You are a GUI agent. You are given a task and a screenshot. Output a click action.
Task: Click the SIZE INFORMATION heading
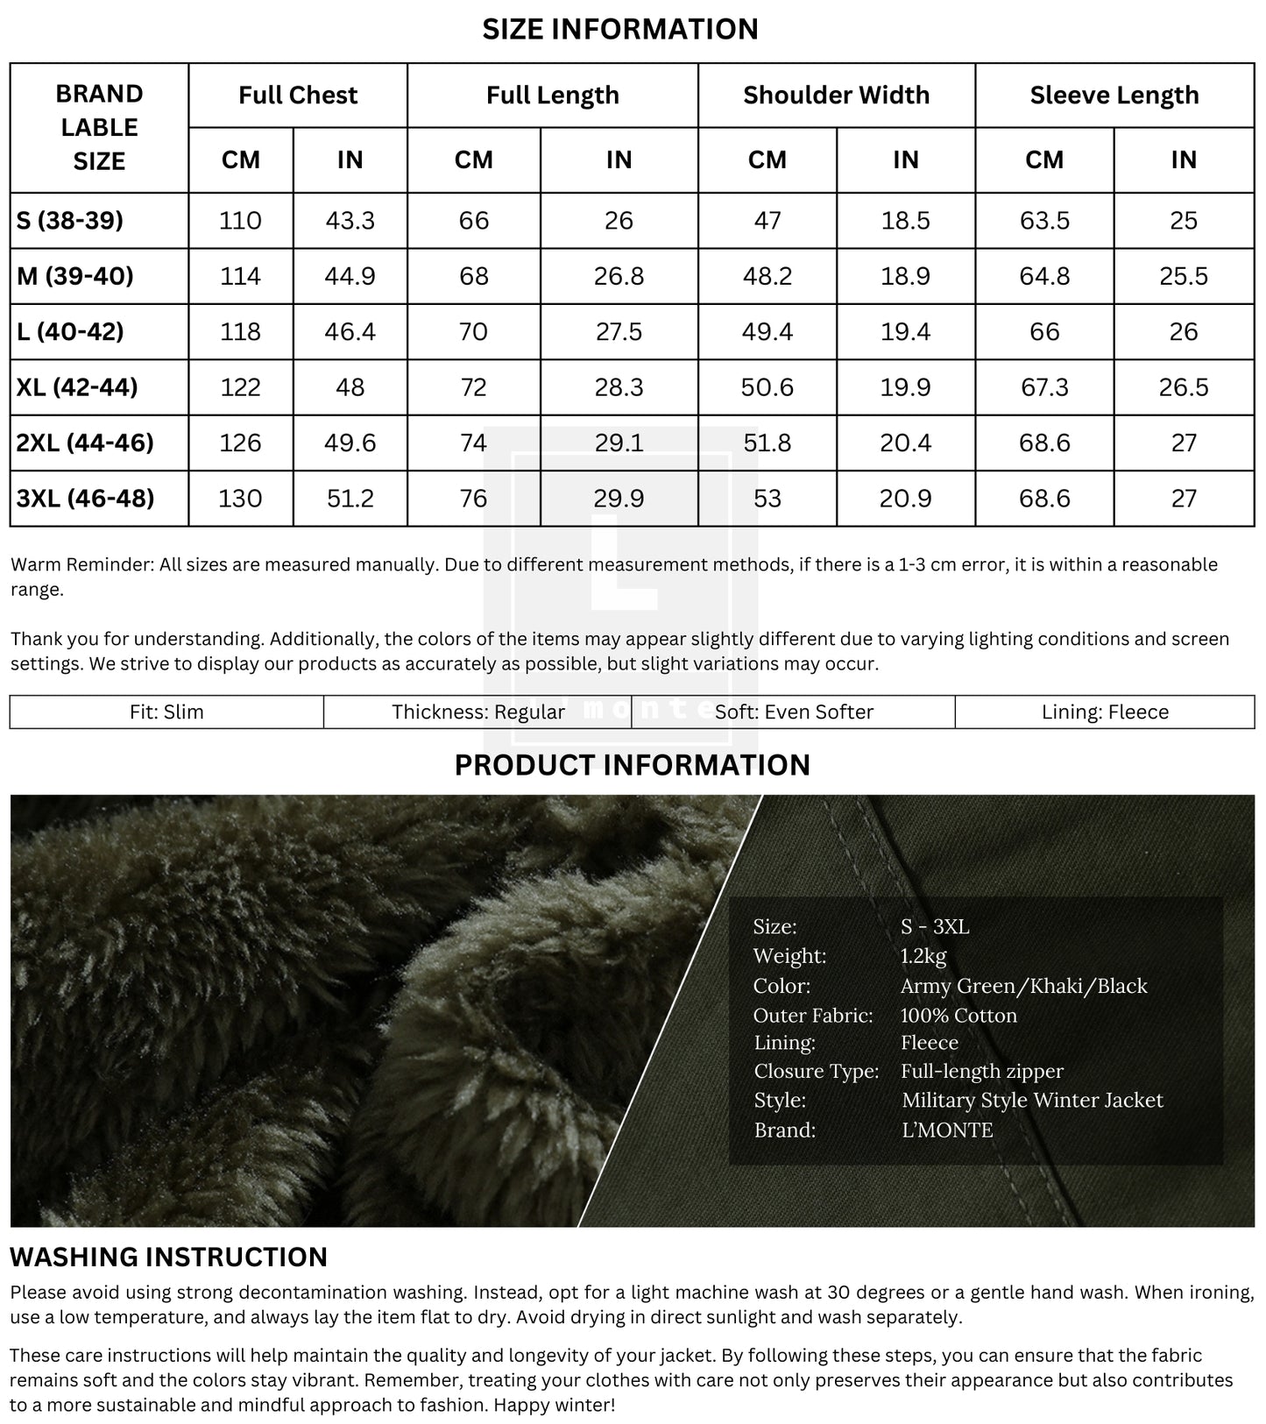click(620, 29)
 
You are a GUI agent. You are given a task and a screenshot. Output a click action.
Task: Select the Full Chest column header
click(298, 95)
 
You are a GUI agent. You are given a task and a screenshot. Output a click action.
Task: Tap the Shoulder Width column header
click(836, 95)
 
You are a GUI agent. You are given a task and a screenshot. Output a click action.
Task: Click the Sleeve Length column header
click(1114, 95)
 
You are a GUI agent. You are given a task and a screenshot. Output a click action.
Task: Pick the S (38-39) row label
click(70, 220)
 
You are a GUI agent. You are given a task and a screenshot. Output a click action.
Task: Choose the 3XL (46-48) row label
click(85, 498)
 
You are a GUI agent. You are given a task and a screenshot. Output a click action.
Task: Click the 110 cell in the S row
click(240, 220)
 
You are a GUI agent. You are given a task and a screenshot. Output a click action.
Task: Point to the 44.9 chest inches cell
click(350, 276)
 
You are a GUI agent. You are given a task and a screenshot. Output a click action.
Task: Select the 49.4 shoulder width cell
click(767, 331)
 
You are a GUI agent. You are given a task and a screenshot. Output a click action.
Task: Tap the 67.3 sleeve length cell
click(1044, 387)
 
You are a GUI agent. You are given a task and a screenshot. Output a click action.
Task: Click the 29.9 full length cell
click(619, 498)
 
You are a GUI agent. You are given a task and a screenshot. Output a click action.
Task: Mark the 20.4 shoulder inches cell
click(905, 443)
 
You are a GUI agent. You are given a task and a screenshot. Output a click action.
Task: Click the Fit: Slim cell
click(166, 712)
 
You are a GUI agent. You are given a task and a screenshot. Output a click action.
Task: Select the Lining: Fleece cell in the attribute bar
click(1105, 712)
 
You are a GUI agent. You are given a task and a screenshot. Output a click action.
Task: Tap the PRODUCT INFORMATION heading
click(632, 765)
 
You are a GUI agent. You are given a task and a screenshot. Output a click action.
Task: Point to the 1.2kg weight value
click(923, 956)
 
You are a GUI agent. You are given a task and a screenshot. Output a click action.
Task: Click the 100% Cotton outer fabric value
click(958, 1015)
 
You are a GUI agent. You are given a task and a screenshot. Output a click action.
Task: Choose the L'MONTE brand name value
click(947, 1130)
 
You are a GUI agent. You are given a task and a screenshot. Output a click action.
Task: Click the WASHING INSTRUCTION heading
click(168, 1257)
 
